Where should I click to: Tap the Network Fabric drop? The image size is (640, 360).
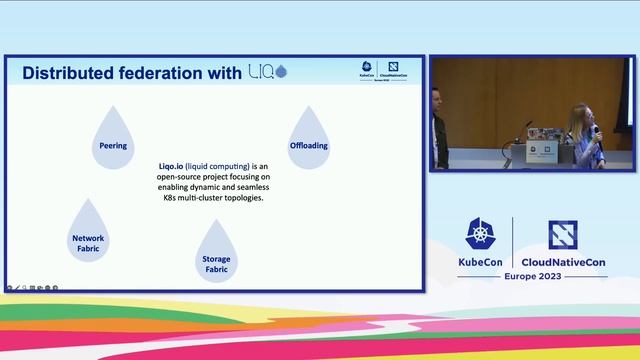(x=88, y=236)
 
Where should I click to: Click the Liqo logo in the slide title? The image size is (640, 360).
(x=267, y=72)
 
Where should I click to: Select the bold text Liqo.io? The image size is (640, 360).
(x=176, y=165)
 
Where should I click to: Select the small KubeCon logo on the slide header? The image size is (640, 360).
(x=368, y=70)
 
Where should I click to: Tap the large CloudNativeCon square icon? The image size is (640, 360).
(x=563, y=234)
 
